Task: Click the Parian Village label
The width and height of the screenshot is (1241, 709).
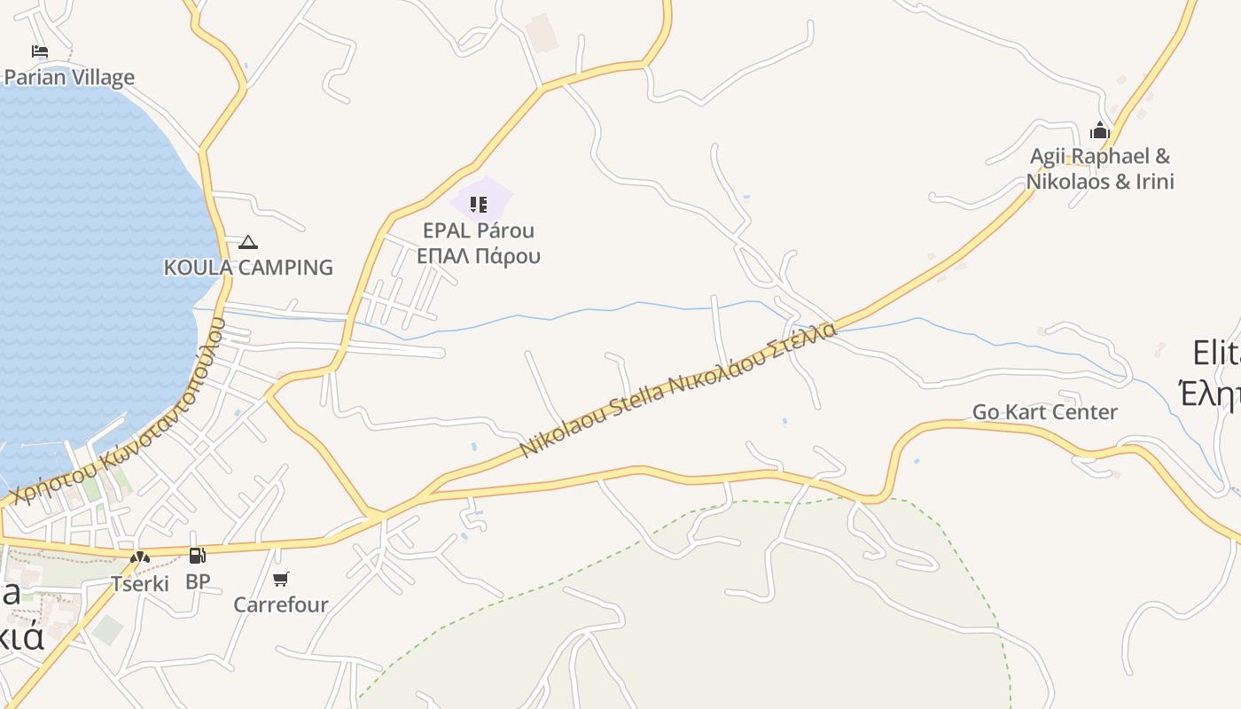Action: tap(69, 77)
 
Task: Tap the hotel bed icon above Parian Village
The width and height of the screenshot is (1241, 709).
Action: tap(39, 51)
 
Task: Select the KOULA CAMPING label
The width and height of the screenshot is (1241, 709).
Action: tap(248, 267)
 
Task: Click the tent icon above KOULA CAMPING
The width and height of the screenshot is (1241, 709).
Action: tap(248, 242)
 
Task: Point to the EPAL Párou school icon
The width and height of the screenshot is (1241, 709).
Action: tap(479, 205)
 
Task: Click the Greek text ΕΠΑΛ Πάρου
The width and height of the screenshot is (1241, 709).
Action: tap(479, 257)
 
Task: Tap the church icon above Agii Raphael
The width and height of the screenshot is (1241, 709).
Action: tap(1100, 131)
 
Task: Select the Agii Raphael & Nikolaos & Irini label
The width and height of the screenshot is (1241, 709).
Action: tap(1100, 169)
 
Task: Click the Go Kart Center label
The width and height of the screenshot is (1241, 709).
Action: tap(1045, 412)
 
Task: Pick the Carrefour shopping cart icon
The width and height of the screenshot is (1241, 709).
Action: tap(281, 579)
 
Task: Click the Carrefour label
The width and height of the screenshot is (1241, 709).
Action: tap(281, 604)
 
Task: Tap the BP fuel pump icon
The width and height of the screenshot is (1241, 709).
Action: tap(197, 556)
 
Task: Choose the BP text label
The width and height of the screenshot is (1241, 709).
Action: tap(198, 581)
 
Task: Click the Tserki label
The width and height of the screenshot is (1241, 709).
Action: tap(140, 583)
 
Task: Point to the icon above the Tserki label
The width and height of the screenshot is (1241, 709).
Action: tap(140, 557)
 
